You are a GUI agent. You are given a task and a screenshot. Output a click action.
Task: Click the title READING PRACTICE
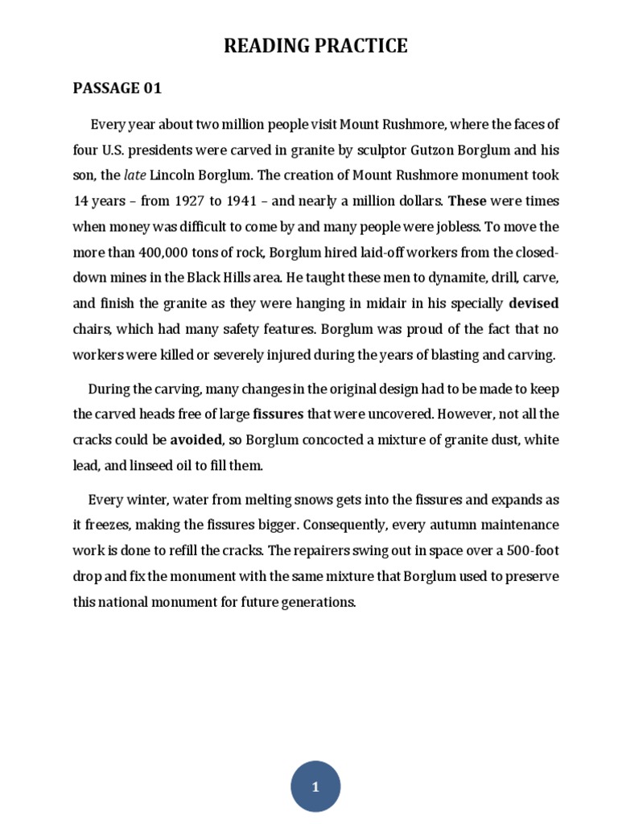tap(315, 47)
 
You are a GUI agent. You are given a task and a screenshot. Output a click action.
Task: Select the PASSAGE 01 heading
tap(117, 89)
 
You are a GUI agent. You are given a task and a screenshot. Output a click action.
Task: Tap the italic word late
tap(134, 175)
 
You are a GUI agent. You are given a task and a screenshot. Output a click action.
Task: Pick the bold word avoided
tap(195, 440)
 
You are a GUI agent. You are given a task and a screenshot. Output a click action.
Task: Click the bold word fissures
tap(278, 415)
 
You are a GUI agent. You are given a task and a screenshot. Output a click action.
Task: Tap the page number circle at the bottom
tap(315, 787)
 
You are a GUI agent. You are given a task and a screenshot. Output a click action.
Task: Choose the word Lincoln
tap(175, 175)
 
